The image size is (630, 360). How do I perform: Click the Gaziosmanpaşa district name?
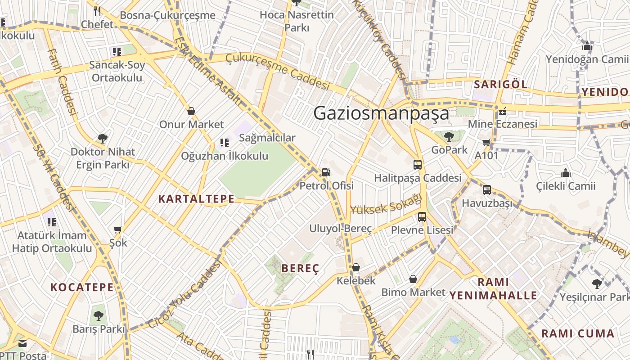coord(381,113)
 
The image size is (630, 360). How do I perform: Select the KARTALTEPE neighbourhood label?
coord(196,199)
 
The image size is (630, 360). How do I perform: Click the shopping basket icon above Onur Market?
coord(191,111)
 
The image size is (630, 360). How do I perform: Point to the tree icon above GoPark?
coord(449,136)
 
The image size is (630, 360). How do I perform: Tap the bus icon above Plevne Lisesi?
coord(422,217)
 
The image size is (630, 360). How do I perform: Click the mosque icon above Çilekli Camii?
coord(566,173)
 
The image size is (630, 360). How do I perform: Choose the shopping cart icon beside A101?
coord(486,143)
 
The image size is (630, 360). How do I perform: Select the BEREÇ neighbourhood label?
coord(300,269)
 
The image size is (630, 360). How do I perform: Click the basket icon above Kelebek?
coord(356,268)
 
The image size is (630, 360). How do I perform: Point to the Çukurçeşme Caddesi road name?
coord(278,71)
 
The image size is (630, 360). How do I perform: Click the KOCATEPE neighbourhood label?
coord(82,287)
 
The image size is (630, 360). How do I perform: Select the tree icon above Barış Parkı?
coord(98,316)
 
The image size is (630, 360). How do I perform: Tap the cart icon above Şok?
coord(118,230)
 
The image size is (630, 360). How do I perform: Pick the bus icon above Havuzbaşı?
coord(487,190)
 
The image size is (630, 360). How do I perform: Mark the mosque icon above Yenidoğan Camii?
coord(587,46)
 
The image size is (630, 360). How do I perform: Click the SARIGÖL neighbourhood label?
coord(500,84)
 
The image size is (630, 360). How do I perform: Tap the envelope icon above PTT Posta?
coord(22,344)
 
